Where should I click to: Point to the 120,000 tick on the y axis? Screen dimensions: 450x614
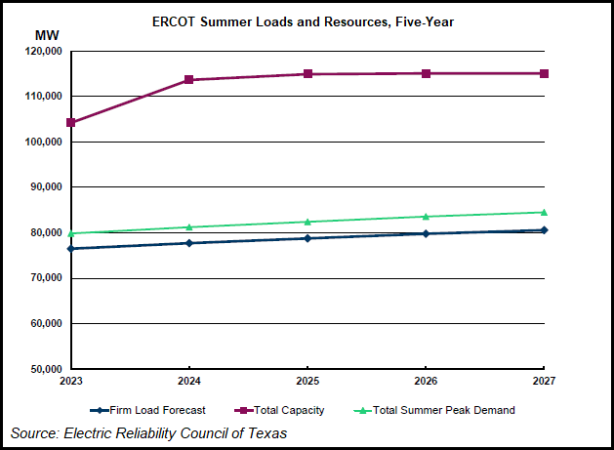coord(43,51)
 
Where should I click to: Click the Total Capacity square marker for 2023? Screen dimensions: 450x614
coord(71,123)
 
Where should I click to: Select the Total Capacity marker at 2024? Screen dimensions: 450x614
coord(189,80)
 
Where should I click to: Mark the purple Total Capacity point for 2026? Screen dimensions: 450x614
coord(426,73)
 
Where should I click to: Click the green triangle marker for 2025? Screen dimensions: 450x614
coord(307,222)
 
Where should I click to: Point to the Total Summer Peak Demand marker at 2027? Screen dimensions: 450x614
coord(544,212)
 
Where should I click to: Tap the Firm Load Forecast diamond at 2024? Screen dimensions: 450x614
coord(189,243)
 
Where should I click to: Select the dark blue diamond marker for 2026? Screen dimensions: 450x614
coord(426,233)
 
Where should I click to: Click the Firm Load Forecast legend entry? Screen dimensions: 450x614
coord(146,410)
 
